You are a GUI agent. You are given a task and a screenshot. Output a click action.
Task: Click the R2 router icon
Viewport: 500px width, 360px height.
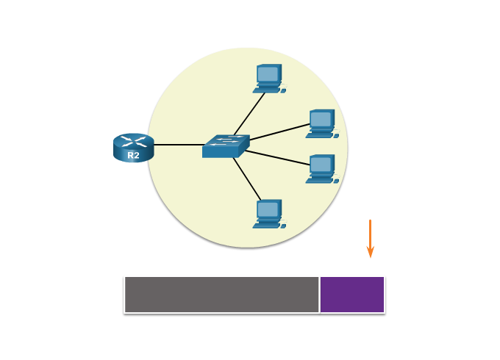click(133, 146)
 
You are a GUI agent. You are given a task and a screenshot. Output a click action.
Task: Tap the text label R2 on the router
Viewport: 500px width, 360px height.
click(133, 156)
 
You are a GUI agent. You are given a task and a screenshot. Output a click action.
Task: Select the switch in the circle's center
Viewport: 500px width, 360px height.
click(225, 146)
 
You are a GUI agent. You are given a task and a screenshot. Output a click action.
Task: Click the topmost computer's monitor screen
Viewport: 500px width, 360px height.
click(268, 74)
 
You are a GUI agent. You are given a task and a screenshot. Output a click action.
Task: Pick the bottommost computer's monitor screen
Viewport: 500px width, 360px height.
click(268, 209)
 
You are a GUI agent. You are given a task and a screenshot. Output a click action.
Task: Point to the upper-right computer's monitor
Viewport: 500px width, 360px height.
click(321, 119)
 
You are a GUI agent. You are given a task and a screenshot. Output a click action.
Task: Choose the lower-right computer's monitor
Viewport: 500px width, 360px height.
click(321, 164)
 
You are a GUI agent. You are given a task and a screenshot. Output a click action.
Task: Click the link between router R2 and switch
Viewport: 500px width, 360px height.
click(178, 145)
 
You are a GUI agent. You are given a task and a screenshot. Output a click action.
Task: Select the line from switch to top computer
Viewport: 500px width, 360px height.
click(250, 113)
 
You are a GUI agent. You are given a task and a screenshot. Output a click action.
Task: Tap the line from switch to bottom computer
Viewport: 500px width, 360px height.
click(246, 177)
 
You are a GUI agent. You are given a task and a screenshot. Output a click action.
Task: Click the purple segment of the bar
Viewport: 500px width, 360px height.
click(352, 295)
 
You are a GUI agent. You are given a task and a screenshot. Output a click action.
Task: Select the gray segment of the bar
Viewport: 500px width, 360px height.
click(221, 295)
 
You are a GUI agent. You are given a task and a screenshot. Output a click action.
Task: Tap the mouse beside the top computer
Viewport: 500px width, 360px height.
click(283, 90)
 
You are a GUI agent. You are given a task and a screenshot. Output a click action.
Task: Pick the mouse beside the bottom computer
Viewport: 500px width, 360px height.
click(283, 226)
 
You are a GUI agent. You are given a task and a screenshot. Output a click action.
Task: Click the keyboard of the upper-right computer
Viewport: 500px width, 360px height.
click(319, 135)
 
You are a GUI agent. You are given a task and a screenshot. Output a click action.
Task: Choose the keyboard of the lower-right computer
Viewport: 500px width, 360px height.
click(319, 180)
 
